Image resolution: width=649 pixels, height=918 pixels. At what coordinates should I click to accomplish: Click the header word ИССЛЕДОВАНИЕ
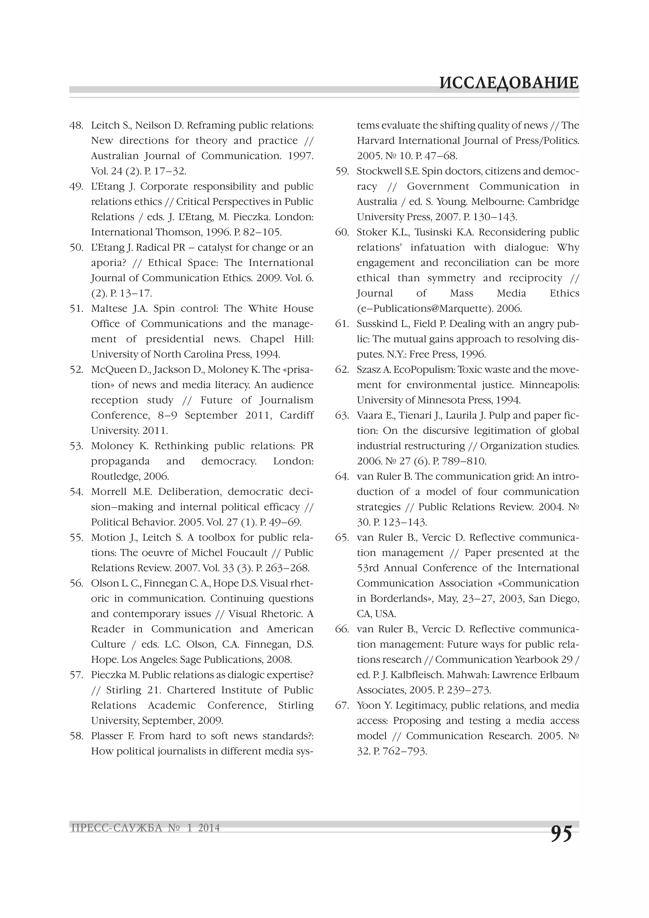click(x=509, y=83)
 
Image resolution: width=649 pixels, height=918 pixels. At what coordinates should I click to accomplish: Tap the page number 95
click(x=562, y=833)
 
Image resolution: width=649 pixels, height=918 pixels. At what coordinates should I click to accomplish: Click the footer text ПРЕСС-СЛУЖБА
click(x=116, y=828)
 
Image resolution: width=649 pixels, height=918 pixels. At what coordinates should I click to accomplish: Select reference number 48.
click(x=76, y=125)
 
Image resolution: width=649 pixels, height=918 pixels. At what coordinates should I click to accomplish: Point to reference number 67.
click(x=342, y=705)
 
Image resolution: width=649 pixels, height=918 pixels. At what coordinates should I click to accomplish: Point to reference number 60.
click(x=342, y=232)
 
